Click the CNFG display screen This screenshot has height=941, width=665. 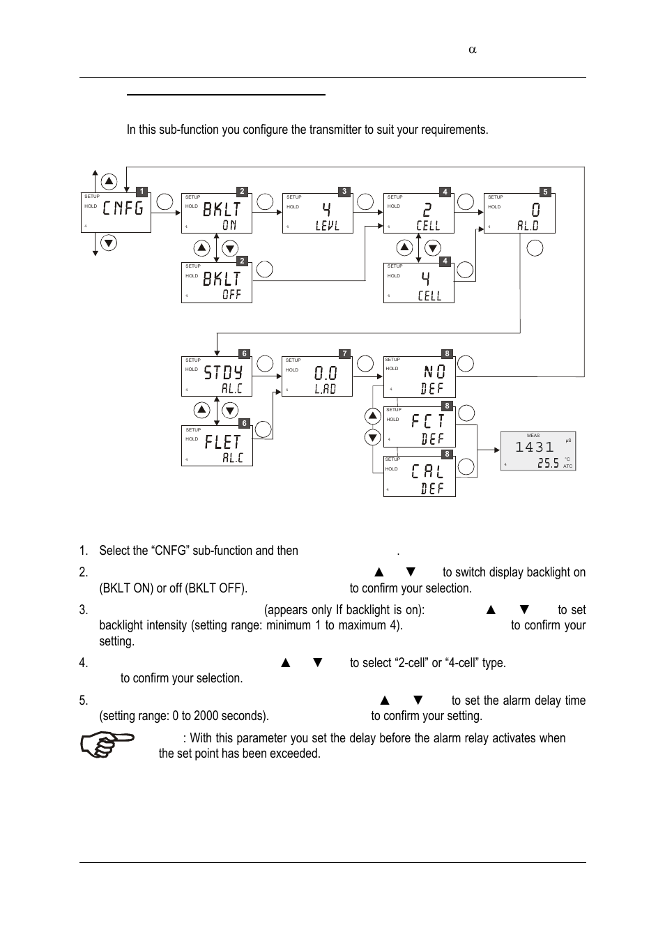[116, 213]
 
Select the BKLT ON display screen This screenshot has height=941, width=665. [216, 213]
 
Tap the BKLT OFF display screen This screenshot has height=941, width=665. [216, 283]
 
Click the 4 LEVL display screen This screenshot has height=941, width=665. [317, 213]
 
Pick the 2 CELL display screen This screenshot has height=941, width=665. [418, 213]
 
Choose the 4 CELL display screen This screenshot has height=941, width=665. [418, 283]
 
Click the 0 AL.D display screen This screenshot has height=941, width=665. [519, 213]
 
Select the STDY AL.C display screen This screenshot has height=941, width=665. [216, 376]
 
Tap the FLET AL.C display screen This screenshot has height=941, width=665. [217, 446]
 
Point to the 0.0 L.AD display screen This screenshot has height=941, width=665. [317, 377]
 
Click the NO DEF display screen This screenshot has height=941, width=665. [419, 377]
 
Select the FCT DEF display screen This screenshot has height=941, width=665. [419, 427]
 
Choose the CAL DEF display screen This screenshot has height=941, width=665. [419, 476]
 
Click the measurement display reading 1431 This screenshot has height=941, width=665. [538, 451]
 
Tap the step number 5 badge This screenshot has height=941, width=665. [546, 192]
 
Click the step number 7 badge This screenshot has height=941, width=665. [344, 354]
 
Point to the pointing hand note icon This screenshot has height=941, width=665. [107, 744]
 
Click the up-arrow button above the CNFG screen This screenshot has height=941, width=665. [109, 181]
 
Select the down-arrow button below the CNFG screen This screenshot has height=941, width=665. [109, 243]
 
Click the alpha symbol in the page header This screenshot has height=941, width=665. [472, 49]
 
